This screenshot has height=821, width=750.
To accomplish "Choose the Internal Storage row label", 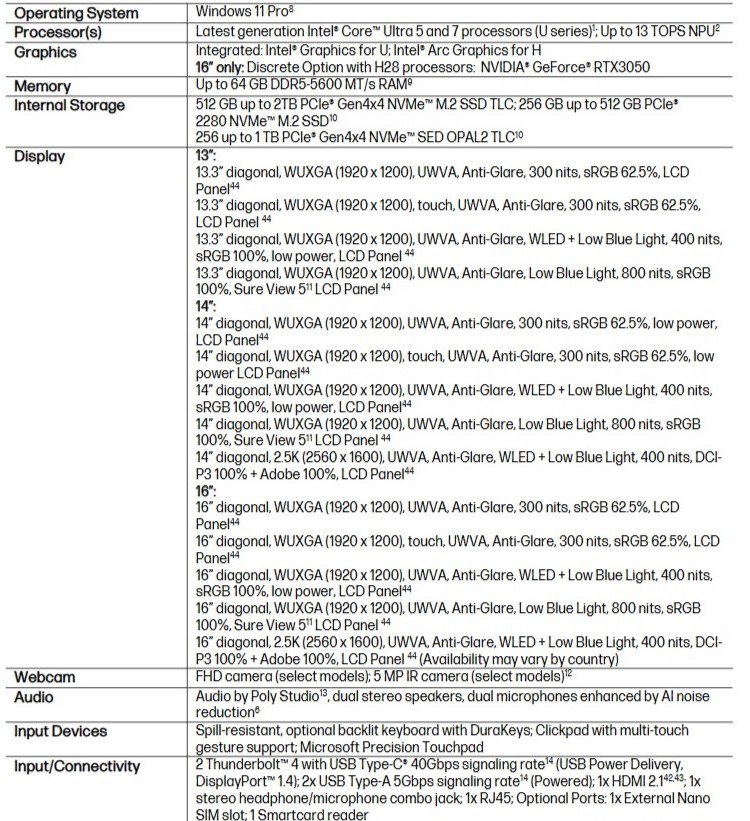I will pyautogui.click(x=70, y=105).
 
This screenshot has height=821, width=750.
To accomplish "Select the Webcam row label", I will pyautogui.click(x=46, y=677).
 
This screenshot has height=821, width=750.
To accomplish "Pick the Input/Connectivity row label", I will pyautogui.click(x=82, y=767).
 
